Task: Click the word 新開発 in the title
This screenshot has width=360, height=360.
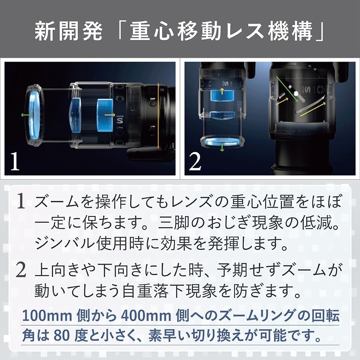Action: coord(68,31)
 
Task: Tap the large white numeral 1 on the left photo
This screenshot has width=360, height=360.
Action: coord(15,162)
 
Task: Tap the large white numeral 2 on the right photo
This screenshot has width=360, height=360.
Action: coord(195,162)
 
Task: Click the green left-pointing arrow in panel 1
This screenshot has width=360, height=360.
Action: coord(27,115)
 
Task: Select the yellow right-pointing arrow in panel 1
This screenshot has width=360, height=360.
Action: coord(110,115)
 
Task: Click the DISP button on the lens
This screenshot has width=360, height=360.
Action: coord(153,102)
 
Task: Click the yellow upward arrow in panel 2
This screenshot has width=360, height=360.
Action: coord(222,91)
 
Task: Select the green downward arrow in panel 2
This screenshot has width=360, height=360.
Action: coord(222,148)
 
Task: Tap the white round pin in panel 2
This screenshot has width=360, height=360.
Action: coord(296,94)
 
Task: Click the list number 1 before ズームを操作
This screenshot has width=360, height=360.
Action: coord(21,201)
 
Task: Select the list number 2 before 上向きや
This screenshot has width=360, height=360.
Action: coord(21,270)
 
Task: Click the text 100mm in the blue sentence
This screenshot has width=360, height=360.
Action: coord(47,316)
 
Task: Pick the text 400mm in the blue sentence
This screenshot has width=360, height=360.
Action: coord(146,316)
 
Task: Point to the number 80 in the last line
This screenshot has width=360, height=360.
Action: coord(62,336)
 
